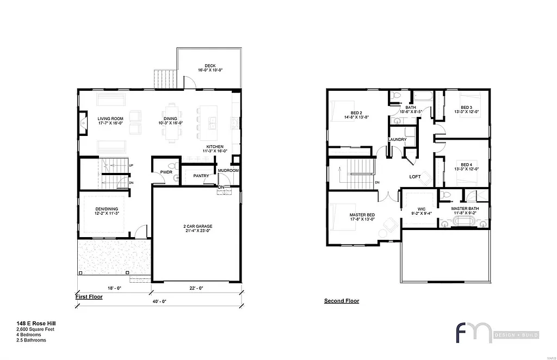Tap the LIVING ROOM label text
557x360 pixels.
pos(110,119)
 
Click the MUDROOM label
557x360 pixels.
pos(228,170)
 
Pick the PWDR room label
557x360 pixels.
pos(166,173)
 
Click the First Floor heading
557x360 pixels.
pos(89,297)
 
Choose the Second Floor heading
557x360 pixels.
pos(342,301)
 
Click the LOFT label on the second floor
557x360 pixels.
pos(416,177)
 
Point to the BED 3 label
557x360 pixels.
pos(466,107)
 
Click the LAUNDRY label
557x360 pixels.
pos(397,140)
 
